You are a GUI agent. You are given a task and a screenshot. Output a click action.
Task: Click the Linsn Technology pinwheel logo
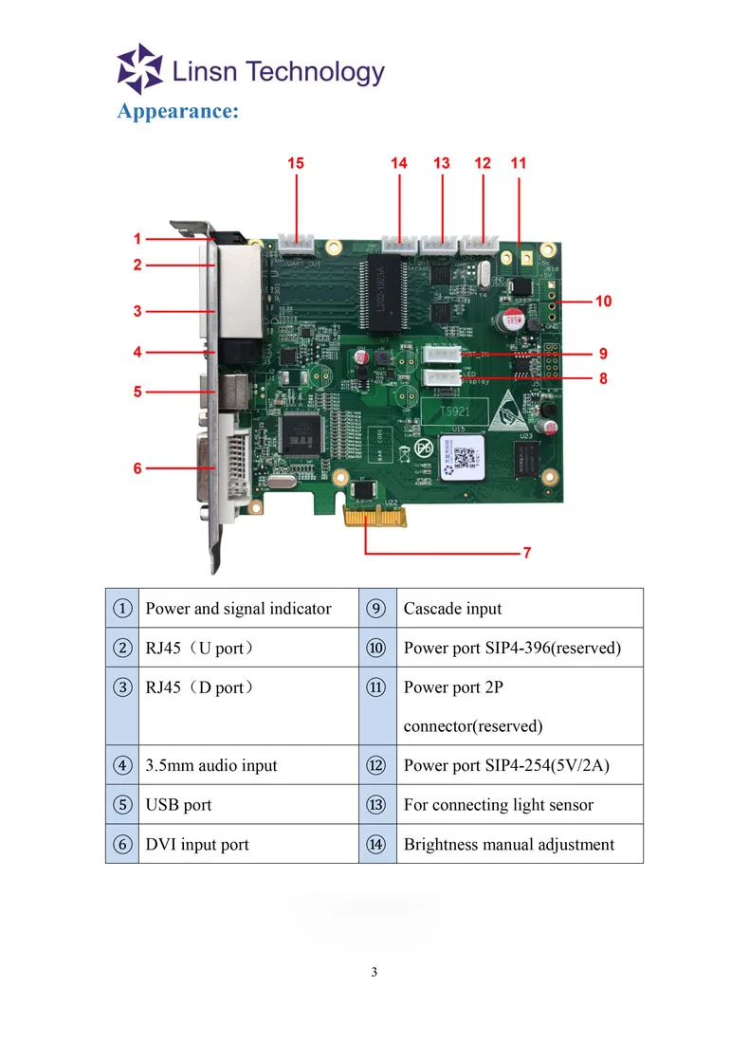pyautogui.click(x=139, y=68)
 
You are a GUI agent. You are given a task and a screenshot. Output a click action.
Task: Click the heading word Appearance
pyautogui.click(x=177, y=111)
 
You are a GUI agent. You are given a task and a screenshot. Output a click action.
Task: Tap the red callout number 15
pyautogui.click(x=296, y=163)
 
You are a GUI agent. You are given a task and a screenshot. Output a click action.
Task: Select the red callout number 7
pyautogui.click(x=527, y=552)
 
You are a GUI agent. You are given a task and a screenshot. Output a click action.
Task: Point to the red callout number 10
pyautogui.click(x=603, y=302)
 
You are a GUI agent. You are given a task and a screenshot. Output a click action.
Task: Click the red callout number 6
pyautogui.click(x=137, y=467)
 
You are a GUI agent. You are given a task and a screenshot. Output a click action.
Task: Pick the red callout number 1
pyautogui.click(x=137, y=239)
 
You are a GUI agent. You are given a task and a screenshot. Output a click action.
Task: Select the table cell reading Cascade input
pyautogui.click(x=452, y=609)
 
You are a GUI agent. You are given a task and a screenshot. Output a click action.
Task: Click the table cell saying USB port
pyautogui.click(x=178, y=805)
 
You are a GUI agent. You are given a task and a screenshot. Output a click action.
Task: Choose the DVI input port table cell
pyautogui.click(x=197, y=845)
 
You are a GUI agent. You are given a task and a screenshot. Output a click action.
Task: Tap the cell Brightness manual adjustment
pyautogui.click(x=508, y=845)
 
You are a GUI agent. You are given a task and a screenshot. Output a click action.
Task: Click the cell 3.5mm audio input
pyautogui.click(x=211, y=765)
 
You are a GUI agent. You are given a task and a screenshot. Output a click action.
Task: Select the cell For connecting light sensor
pyautogui.click(x=498, y=805)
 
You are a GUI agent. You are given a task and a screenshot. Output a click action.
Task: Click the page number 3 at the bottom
pyautogui.click(x=374, y=972)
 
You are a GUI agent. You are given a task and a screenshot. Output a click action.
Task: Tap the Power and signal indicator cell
pyautogui.click(x=238, y=609)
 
